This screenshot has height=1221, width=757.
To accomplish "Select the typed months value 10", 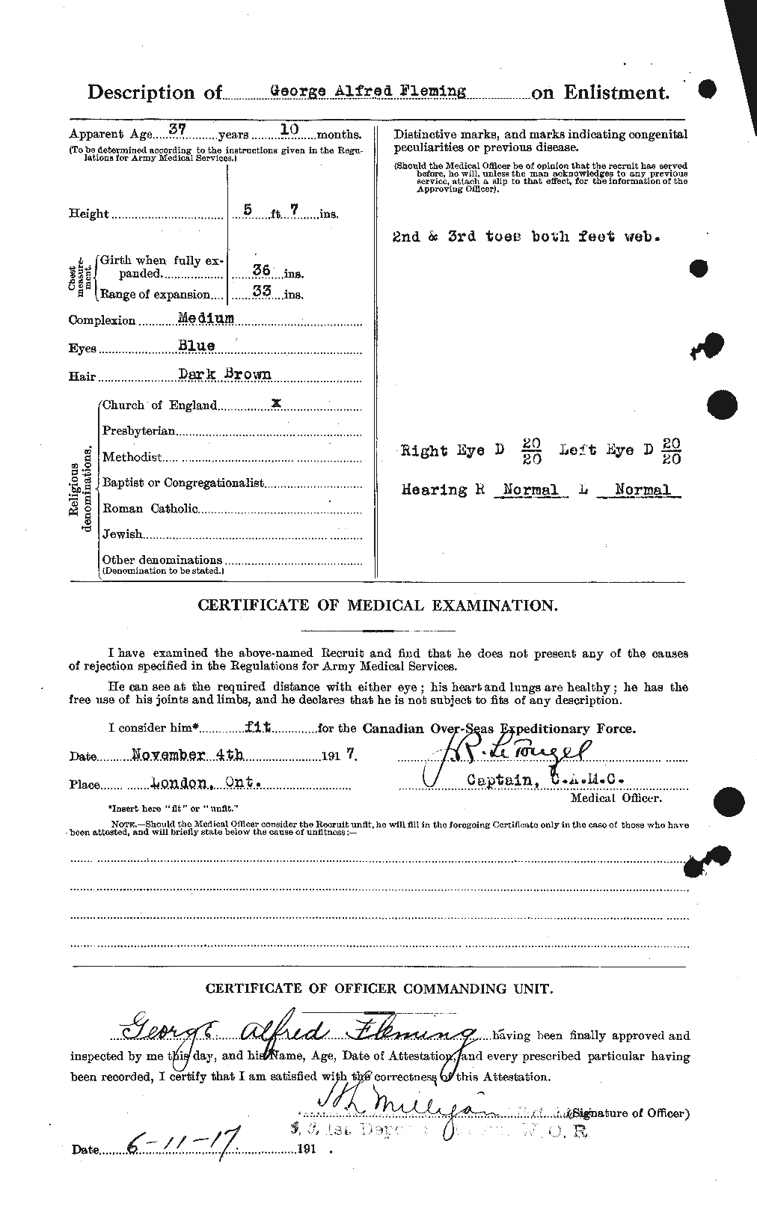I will [x=289, y=129].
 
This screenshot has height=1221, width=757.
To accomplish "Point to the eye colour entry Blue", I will [x=196, y=346].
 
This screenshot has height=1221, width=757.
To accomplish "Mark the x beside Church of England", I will [x=276, y=403].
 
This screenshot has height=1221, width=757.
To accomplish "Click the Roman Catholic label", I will [x=150, y=509].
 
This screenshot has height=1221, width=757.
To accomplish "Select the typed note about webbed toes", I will [x=526, y=236].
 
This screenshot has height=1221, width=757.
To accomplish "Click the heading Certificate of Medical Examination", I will [x=377, y=606].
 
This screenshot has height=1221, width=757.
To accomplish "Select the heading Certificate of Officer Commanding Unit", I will [x=379, y=989].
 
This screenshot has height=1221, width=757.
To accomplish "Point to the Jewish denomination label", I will [x=122, y=534].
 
